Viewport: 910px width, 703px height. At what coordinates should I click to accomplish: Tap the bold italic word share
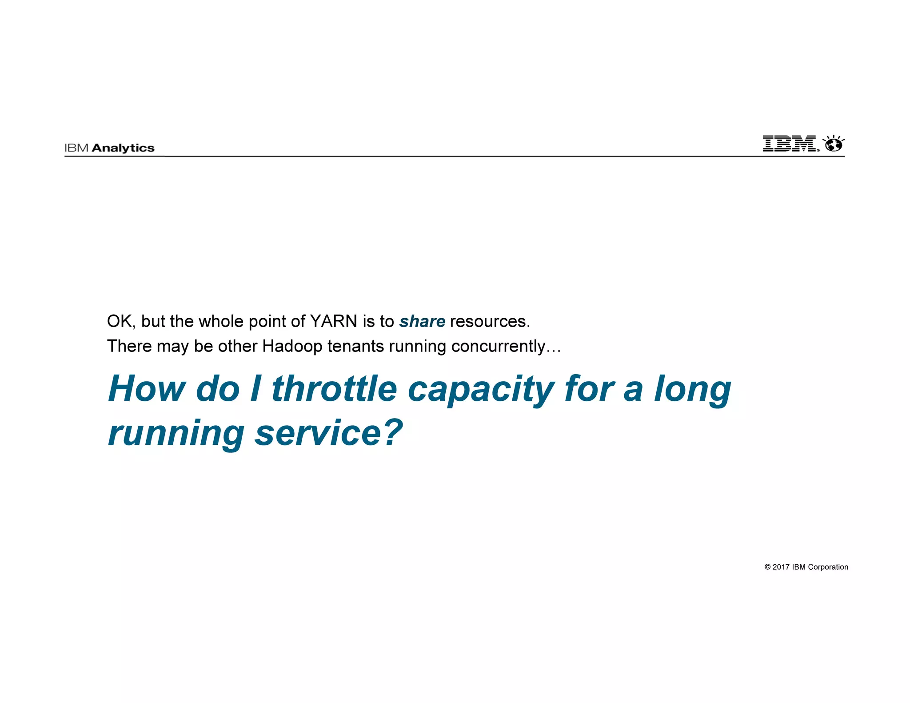[422, 321]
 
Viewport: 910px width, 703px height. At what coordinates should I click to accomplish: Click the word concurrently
[498, 346]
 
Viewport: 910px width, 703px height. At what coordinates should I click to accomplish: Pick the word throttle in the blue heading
[334, 388]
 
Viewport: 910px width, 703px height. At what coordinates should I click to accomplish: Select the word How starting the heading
[147, 388]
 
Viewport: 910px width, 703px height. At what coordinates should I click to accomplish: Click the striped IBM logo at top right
[790, 144]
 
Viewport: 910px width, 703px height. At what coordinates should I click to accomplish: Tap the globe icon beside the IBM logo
[834, 144]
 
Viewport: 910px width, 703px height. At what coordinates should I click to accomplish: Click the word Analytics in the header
[123, 148]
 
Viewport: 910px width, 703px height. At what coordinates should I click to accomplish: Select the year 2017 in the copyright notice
[781, 567]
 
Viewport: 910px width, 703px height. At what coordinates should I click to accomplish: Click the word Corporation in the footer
[828, 567]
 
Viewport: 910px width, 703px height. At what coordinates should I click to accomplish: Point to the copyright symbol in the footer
[767, 567]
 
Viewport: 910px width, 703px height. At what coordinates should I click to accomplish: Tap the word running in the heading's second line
[176, 434]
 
